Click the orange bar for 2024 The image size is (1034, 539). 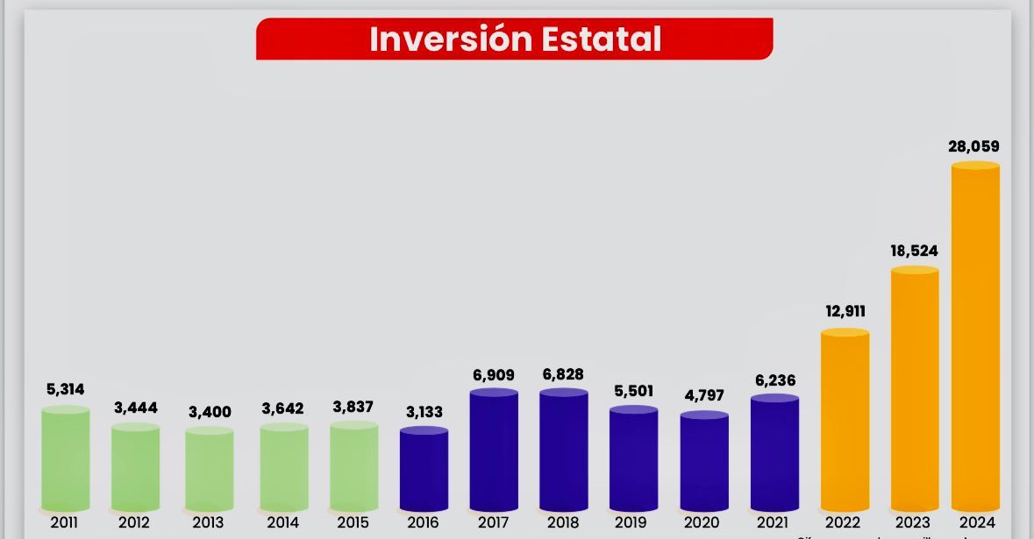(x=975, y=337)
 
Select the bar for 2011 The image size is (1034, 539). (x=65, y=458)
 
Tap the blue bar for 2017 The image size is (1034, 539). (x=494, y=450)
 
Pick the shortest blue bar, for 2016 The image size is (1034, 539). (x=424, y=469)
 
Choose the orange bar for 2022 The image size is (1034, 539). (x=845, y=421)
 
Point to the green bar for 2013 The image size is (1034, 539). (x=209, y=469)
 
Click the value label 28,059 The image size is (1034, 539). (x=973, y=146)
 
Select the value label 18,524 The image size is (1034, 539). (x=914, y=251)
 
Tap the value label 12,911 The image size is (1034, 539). (x=845, y=311)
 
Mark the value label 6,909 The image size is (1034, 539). (x=494, y=375)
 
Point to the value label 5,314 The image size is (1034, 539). (x=66, y=389)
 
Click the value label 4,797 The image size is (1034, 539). (x=704, y=395)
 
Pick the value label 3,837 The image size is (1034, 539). (x=353, y=407)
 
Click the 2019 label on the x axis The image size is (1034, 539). (x=631, y=522)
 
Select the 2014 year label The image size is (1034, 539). (x=282, y=522)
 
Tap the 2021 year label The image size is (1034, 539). (x=772, y=522)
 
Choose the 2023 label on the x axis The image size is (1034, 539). (x=912, y=522)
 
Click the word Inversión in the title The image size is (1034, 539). (x=451, y=39)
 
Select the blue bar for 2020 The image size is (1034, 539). (x=704, y=461)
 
